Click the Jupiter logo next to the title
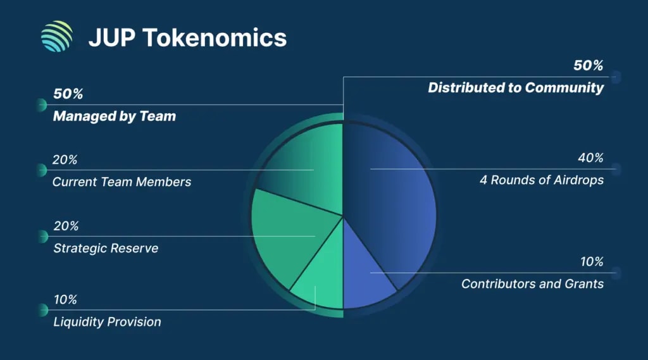click(x=57, y=37)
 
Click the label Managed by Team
click(x=114, y=116)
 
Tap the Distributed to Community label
click(x=516, y=88)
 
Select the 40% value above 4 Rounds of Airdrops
click(x=590, y=158)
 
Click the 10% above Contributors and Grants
click(x=592, y=262)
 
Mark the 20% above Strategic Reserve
click(x=66, y=226)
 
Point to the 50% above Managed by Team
click(x=68, y=94)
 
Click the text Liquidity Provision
click(x=107, y=322)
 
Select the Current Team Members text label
click(x=121, y=182)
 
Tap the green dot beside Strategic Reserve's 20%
click(x=42, y=236)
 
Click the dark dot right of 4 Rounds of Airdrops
click(x=616, y=169)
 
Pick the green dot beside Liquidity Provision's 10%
click(x=42, y=309)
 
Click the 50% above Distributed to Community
click(x=588, y=66)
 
